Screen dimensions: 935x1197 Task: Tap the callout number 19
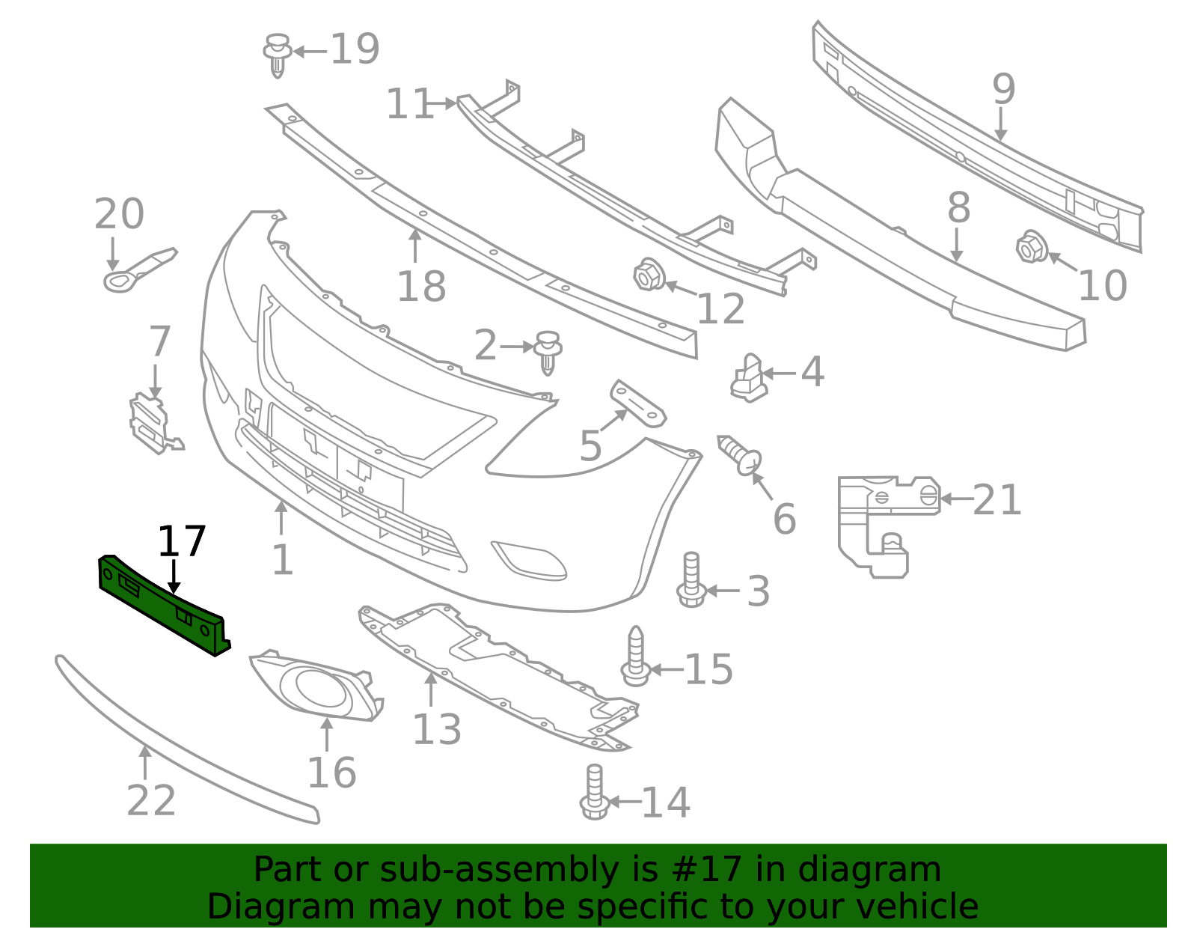(355, 49)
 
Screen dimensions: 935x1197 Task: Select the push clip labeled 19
(278, 54)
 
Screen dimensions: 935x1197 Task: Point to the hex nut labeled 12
(648, 275)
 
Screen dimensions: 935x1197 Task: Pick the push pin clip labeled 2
(548, 351)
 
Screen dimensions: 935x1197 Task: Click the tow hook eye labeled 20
(138, 269)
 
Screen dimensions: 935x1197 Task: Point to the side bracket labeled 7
(153, 424)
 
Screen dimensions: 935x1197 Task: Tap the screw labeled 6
(740, 454)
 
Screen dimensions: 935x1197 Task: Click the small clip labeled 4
(748, 378)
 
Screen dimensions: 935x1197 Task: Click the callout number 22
(151, 800)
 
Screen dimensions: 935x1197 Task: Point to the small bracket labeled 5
(637, 403)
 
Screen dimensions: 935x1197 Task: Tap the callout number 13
(437, 729)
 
